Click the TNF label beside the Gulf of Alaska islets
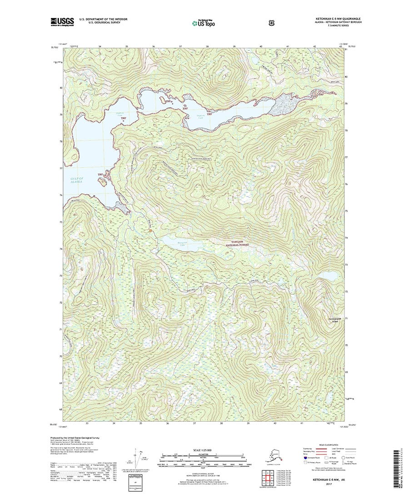point(100,174)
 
